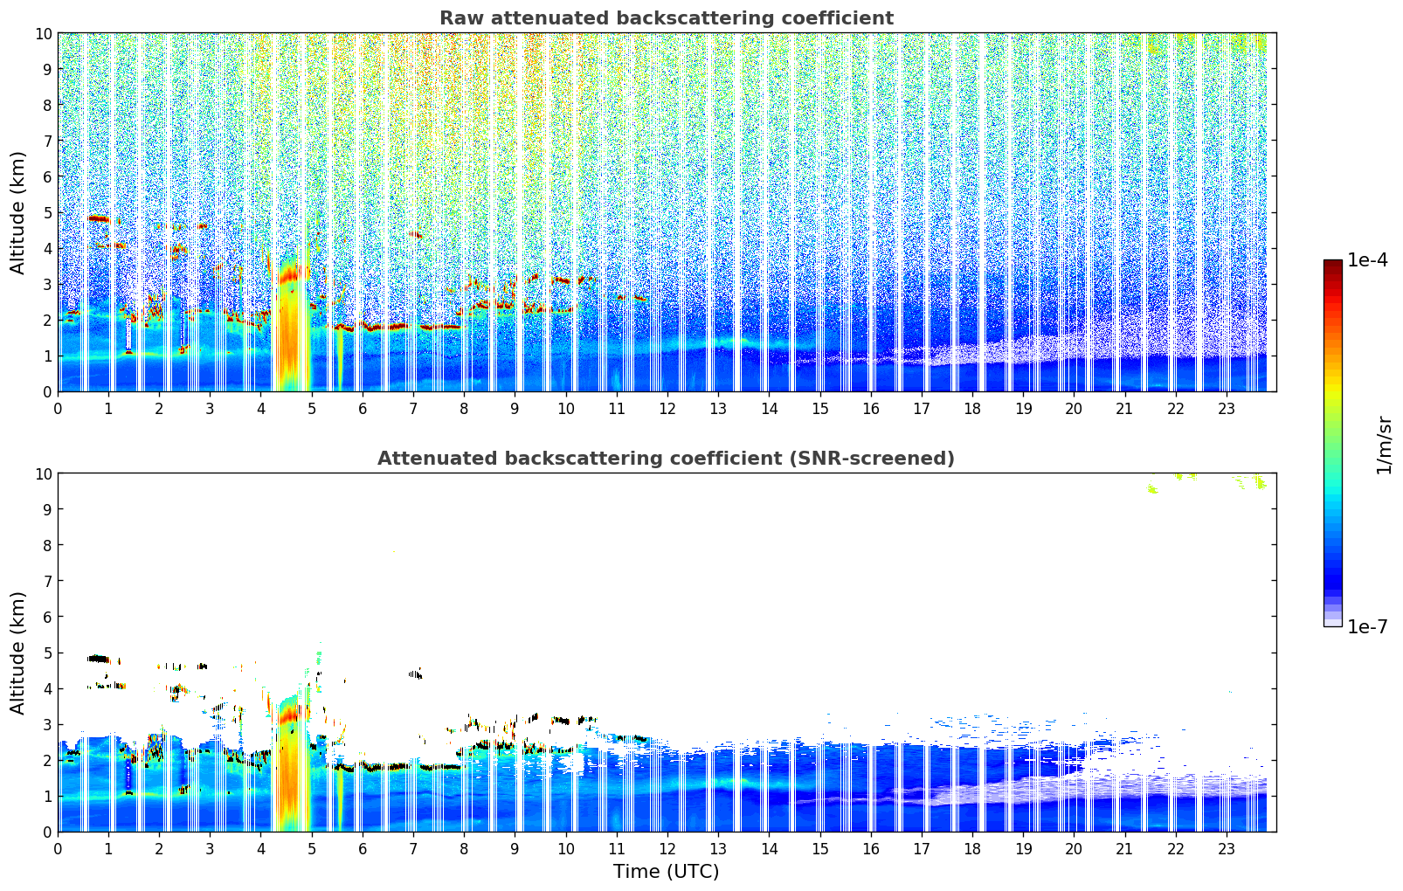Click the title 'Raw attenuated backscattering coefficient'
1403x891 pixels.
tap(666, 18)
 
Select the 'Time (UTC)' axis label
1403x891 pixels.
tap(666, 871)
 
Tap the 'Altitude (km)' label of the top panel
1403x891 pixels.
tap(18, 212)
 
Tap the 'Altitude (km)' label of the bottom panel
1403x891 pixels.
tap(18, 653)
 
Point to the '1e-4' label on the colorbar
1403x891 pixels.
tap(1367, 260)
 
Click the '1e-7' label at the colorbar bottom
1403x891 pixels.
tap(1367, 626)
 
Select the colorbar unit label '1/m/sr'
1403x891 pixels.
tap(1383, 444)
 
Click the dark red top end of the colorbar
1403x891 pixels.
tap(1332, 265)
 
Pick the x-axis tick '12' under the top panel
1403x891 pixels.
tap(667, 408)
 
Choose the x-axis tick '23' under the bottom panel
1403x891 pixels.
tap(1226, 848)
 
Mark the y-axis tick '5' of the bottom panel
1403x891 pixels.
tap(47, 653)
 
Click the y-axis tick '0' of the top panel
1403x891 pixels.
tap(47, 391)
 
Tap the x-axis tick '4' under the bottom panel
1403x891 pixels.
tap(260, 848)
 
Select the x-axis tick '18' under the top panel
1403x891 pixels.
tap(972, 408)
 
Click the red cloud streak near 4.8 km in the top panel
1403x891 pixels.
tap(98, 218)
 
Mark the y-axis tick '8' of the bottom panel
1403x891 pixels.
tap(47, 545)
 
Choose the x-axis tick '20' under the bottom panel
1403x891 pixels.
tap(1074, 848)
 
